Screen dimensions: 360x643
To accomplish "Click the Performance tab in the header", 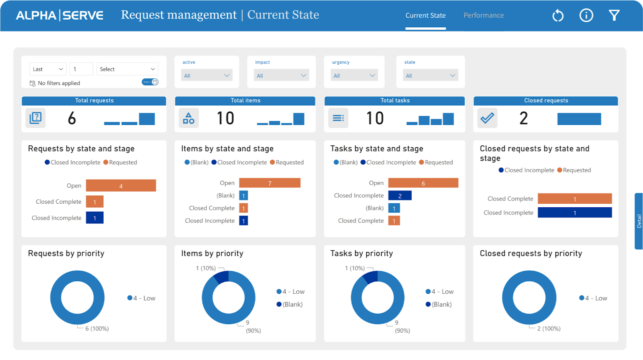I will point(484,15).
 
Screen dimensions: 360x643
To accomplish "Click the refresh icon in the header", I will point(558,16).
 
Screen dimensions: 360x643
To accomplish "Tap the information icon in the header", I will point(586,16).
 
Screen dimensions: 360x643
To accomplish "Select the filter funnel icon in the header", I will point(614,16).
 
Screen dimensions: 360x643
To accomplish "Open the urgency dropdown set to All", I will point(354,76).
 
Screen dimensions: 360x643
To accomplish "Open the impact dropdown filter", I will point(281,76).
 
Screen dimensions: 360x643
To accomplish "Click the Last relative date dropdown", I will point(48,69).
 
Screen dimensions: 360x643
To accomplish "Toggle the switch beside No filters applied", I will point(150,82).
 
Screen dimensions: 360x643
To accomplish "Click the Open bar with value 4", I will point(120,186).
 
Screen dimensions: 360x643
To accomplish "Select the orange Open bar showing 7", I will point(269,183).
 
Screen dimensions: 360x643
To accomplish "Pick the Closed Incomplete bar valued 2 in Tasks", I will point(400,196).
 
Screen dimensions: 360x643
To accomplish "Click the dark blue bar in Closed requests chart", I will point(574,213).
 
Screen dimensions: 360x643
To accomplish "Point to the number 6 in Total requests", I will point(72,118).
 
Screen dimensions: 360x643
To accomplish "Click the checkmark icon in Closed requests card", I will point(487,118).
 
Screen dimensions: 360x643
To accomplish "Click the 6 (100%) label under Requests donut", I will point(97,328).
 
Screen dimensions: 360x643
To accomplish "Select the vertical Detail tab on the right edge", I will point(639,221).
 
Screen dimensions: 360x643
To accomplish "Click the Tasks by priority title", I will point(361,254).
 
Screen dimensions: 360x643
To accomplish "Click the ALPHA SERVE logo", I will point(59,15).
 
